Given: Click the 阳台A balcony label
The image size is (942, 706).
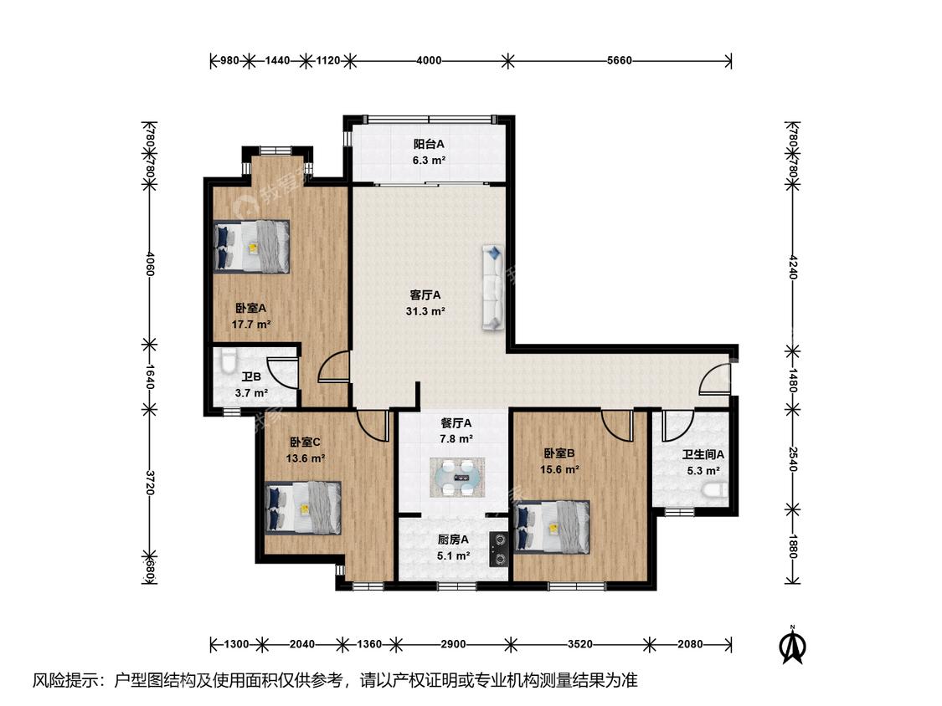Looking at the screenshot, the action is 429,144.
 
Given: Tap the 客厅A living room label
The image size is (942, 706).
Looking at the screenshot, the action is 425,295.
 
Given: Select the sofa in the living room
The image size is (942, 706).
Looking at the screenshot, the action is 492,287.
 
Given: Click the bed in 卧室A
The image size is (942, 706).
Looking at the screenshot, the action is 251,246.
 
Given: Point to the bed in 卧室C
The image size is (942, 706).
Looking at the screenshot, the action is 303,507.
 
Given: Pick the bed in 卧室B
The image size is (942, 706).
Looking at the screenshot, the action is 552,528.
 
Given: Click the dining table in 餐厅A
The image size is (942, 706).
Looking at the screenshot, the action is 457,478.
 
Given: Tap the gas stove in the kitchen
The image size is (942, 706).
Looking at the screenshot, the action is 499,550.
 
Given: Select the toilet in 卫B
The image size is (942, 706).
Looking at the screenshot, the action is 228,361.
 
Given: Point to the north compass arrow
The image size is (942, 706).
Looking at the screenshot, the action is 792,645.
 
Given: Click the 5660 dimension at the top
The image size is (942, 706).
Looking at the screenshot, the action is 620,60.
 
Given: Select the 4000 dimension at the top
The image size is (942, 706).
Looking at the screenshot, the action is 429,60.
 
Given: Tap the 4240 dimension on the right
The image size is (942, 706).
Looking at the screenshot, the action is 793,267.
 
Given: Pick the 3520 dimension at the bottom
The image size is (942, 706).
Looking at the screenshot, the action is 579,644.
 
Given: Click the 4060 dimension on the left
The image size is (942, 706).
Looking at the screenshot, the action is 150,263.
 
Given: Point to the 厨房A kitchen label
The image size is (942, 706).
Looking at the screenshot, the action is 453,540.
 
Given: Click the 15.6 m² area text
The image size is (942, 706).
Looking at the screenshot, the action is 559,469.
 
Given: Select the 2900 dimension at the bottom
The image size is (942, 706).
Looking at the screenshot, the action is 453,644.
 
